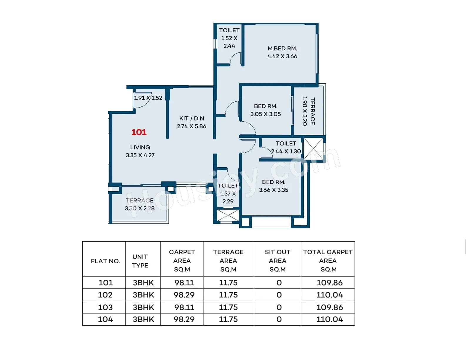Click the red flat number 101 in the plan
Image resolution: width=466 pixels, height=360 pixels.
(139, 132)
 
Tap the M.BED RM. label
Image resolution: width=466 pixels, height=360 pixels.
(282, 48)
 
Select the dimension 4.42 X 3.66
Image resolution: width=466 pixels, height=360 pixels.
(282, 56)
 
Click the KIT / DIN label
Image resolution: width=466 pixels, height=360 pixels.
(191, 118)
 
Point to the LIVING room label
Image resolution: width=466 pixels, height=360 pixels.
(140, 147)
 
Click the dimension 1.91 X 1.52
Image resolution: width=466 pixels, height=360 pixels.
(148, 98)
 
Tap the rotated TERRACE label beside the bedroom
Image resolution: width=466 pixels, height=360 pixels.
(313, 111)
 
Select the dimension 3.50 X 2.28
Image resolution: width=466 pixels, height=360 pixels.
(140, 208)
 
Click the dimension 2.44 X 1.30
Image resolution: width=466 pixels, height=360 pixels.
(286, 151)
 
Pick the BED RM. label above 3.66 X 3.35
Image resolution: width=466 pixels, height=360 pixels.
(273, 182)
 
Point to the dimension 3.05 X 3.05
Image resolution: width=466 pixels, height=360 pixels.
(265, 114)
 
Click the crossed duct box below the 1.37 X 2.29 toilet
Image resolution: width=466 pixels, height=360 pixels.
(228, 215)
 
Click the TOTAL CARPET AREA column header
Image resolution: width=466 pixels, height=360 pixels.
(328, 260)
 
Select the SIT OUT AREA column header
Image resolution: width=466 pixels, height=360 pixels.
(277, 260)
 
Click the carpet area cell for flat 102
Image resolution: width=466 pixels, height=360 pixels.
(184, 295)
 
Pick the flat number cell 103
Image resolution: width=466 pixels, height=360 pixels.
(105, 307)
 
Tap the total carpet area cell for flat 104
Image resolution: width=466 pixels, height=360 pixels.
(330, 319)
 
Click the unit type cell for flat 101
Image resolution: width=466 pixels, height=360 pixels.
(143, 283)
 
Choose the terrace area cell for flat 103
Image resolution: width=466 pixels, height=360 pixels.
(228, 307)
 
